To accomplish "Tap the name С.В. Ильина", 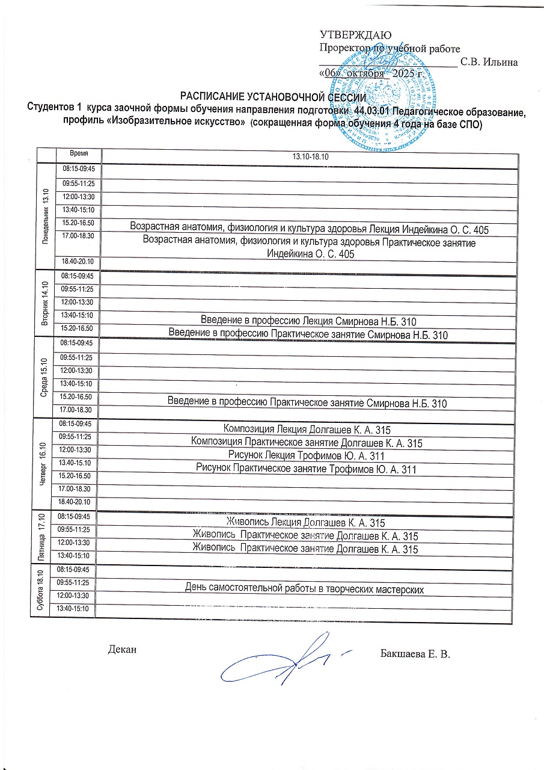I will [489, 62].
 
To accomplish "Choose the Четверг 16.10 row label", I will [43, 464].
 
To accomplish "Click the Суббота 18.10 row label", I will [42, 590].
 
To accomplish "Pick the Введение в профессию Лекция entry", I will [309, 321].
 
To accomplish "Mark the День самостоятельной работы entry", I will [304, 588].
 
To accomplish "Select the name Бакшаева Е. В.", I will [415, 653].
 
